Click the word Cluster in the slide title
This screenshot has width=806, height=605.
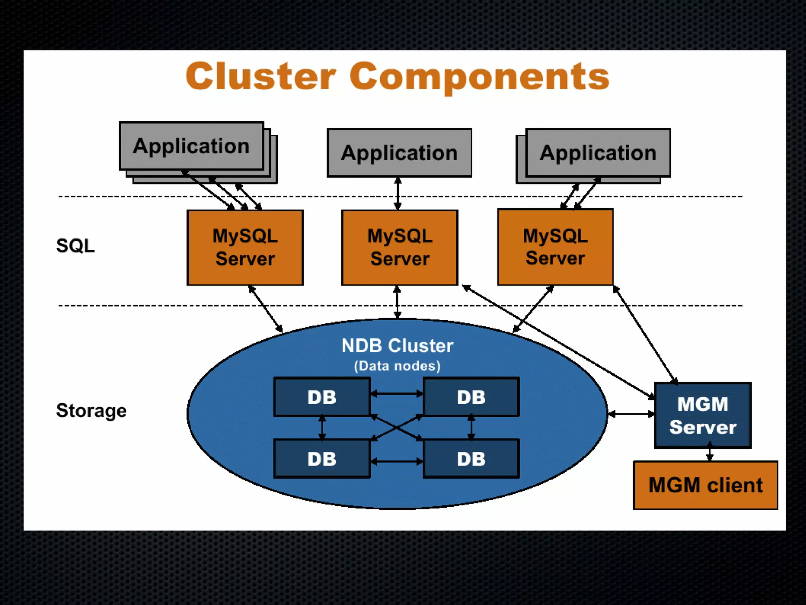(261, 76)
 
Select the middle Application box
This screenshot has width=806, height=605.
(399, 153)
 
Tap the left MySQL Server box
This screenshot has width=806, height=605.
(245, 247)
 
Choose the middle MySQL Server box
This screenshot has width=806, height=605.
(399, 247)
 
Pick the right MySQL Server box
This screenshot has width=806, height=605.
(555, 247)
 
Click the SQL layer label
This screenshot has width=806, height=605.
(75, 246)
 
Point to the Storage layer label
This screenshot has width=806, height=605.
(91, 410)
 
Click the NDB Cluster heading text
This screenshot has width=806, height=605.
(397, 346)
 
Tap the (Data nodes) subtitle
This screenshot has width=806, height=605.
(397, 366)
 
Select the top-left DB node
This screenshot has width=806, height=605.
(322, 397)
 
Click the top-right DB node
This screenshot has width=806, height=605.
(471, 397)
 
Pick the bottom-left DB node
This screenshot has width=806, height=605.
(322, 459)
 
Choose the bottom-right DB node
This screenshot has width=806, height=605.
(471, 459)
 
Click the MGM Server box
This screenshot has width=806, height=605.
(702, 415)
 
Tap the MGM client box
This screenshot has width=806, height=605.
(705, 485)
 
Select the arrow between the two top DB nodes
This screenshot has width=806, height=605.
(397, 393)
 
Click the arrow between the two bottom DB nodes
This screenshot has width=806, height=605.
(397, 461)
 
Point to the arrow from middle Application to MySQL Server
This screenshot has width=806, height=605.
(398, 193)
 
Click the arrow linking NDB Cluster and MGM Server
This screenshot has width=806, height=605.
(631, 414)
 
